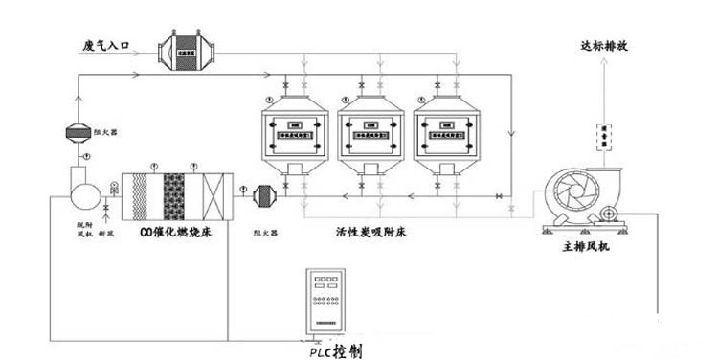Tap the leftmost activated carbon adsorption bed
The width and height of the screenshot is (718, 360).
click(x=295, y=134)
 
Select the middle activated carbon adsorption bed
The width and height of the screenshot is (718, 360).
click(x=371, y=134)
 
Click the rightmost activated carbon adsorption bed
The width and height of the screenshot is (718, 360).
click(x=448, y=134)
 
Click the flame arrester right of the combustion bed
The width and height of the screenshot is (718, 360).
click(x=264, y=196)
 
